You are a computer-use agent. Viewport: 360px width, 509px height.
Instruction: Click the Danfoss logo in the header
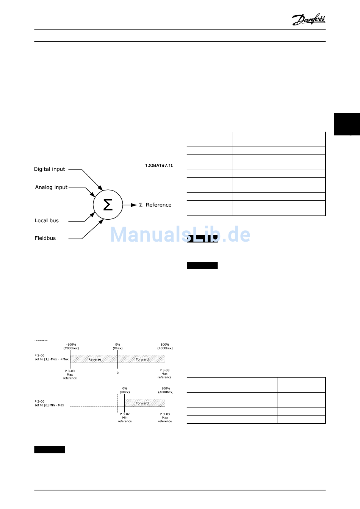pyautogui.click(x=308, y=19)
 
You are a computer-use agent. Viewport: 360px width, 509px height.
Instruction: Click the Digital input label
pyautogui.click(x=50, y=169)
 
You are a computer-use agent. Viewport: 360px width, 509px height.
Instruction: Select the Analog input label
pyautogui.click(x=51, y=187)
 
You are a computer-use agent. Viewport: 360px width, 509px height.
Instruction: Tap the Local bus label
pyautogui.click(x=47, y=220)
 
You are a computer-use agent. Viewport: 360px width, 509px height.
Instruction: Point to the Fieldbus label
pyautogui.click(x=45, y=238)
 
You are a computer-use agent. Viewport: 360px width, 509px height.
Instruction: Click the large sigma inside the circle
pyautogui.click(x=108, y=205)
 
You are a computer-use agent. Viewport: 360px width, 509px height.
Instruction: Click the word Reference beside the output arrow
pyautogui.click(x=158, y=205)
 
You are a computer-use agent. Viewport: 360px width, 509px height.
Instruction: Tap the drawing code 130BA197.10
pyautogui.click(x=159, y=166)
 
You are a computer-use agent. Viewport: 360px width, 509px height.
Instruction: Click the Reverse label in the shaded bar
pyautogui.click(x=95, y=359)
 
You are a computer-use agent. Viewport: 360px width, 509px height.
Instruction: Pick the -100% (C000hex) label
pyautogui.click(x=71, y=347)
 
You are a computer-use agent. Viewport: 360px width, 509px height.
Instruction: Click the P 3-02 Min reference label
pyautogui.click(x=125, y=417)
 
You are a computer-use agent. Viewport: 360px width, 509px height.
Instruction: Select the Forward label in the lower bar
pyautogui.click(x=142, y=403)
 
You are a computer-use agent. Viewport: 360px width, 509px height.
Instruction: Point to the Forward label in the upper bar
pyautogui.click(x=142, y=359)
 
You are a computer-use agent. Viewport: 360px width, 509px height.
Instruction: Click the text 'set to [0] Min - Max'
pyautogui.click(x=50, y=405)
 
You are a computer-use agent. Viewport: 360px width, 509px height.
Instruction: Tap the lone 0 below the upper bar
pyautogui.click(x=117, y=373)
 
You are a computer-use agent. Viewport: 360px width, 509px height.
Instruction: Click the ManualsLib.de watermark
pyautogui.click(x=180, y=234)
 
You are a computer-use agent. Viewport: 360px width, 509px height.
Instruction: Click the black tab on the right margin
pyautogui.click(x=347, y=124)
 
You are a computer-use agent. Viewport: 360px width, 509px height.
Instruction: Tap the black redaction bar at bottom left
pyautogui.click(x=50, y=450)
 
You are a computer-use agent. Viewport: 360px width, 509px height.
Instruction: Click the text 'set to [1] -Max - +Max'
pyautogui.click(x=52, y=359)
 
